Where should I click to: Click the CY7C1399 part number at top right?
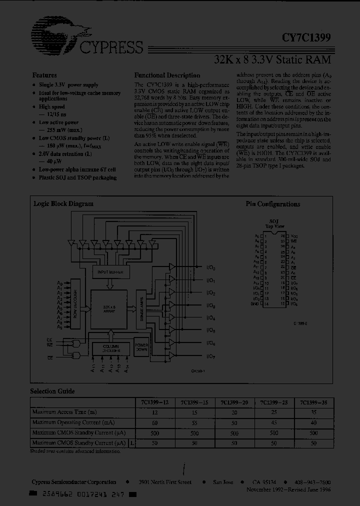click(x=305, y=37)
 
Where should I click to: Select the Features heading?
click(x=44, y=75)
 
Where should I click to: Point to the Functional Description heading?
click(x=167, y=75)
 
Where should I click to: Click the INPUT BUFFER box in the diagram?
click(x=111, y=272)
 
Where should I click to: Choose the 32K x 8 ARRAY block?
click(x=109, y=308)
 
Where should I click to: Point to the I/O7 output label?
click(x=210, y=356)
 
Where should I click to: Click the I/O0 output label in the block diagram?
click(x=210, y=268)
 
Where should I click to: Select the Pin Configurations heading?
click(x=272, y=204)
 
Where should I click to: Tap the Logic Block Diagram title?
click(x=63, y=204)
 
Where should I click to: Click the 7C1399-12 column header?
click(x=153, y=402)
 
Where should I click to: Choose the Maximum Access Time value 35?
click(x=313, y=412)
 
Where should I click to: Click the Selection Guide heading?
click(x=52, y=391)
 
